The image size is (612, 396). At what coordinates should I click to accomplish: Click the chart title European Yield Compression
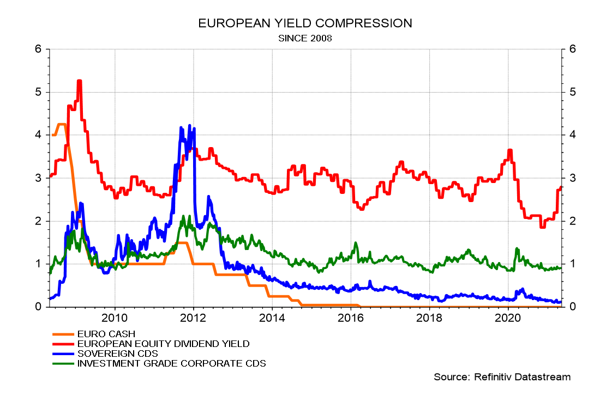tap(305, 23)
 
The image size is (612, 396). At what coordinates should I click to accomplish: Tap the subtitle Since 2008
tap(305, 38)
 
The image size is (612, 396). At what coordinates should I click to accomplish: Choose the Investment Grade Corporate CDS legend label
tap(172, 363)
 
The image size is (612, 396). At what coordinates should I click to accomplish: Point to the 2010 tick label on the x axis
tap(115, 317)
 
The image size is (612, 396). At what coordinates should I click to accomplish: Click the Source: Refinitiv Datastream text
tap(502, 377)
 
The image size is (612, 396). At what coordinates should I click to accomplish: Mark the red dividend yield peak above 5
tap(79, 81)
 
